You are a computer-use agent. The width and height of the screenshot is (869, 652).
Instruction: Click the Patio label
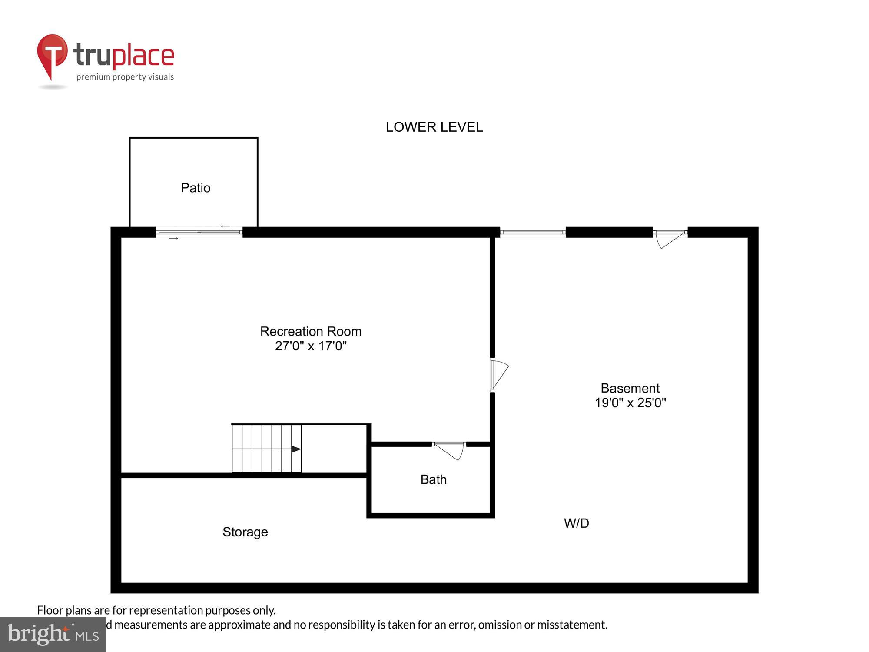(x=196, y=188)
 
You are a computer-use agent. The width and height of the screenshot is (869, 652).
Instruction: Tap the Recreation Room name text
(x=311, y=331)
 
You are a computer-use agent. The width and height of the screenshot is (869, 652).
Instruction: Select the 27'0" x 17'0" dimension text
(x=311, y=346)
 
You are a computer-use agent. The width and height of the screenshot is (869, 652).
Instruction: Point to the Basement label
(x=630, y=388)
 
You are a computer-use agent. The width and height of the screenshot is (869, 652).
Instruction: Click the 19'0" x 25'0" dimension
(x=630, y=403)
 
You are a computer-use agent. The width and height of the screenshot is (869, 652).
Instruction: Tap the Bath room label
(x=433, y=479)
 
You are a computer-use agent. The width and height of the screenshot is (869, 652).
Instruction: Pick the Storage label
(x=245, y=532)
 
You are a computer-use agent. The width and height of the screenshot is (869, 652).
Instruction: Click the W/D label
(x=576, y=523)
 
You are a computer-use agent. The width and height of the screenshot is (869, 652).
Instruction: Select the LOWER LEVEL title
(x=434, y=127)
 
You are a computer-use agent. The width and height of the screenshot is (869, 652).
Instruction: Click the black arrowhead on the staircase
(x=295, y=449)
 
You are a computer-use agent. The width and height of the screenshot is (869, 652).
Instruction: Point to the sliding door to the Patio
(x=199, y=233)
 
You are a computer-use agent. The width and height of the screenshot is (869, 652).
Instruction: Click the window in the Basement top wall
(x=533, y=233)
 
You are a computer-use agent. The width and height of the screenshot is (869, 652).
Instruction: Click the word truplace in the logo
(x=124, y=56)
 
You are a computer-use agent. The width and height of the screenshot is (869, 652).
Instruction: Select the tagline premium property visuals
(x=125, y=77)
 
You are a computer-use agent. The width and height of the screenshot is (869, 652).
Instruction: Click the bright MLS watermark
(x=53, y=635)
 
